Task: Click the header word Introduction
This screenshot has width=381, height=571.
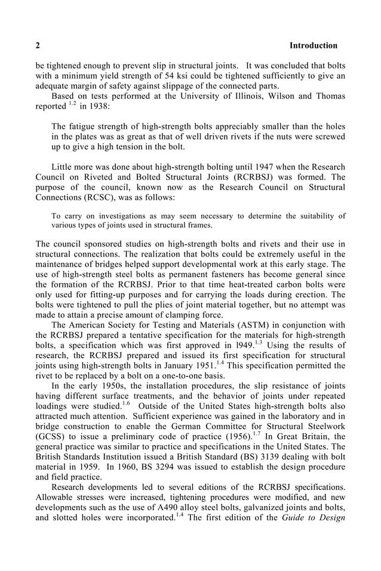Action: coord(313,45)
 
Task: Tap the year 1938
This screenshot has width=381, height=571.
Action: coord(103,106)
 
